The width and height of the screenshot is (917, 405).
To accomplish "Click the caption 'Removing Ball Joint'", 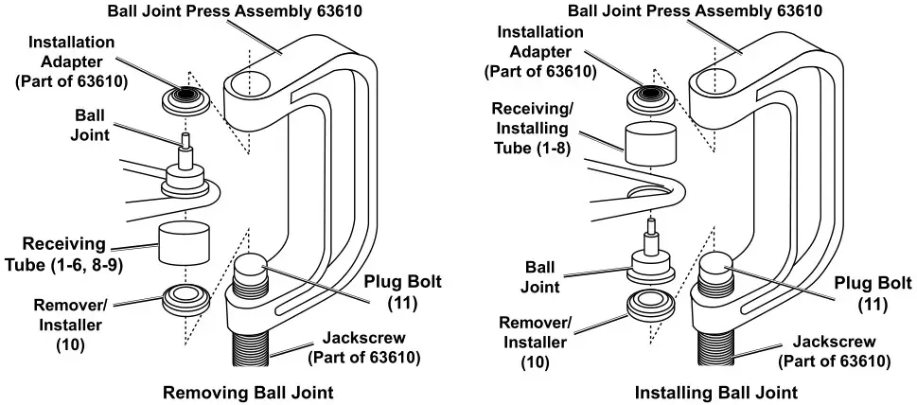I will [x=248, y=392].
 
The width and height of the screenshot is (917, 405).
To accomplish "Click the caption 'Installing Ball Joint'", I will [x=715, y=392].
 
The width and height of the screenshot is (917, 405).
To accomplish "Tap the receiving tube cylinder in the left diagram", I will [x=184, y=243].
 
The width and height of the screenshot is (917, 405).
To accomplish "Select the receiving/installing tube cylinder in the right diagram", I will [x=652, y=138].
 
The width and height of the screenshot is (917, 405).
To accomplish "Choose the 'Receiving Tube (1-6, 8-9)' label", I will [x=65, y=254].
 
